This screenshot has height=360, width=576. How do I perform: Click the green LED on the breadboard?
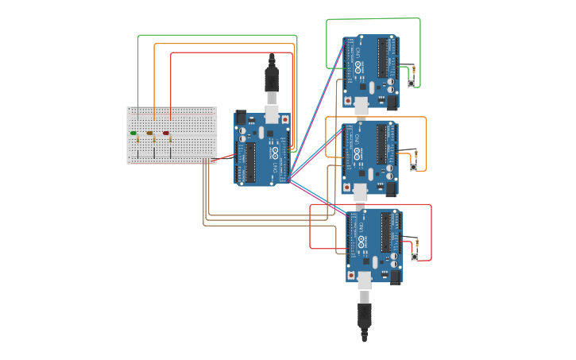[x=133, y=133]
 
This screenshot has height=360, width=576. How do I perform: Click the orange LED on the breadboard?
[x=149, y=133]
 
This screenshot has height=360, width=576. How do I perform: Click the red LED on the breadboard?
[x=166, y=133]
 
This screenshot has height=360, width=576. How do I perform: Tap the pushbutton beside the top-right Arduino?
[x=412, y=83]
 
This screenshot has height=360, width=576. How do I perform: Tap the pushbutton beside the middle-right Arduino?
[x=413, y=167]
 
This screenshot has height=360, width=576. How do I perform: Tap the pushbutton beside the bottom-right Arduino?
[x=414, y=256]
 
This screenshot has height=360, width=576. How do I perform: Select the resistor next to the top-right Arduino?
[x=413, y=70]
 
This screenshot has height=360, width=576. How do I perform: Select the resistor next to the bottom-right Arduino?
[x=416, y=243]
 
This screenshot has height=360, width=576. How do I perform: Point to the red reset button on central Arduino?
[x=284, y=120]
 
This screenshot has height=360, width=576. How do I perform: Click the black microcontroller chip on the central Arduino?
[x=251, y=162]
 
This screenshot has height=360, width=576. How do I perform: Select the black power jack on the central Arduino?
[x=242, y=118]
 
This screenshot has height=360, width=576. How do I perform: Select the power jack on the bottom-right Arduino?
[x=396, y=277]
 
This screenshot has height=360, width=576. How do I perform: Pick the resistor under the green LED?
[x=137, y=141]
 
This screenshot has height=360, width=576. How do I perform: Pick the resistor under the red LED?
[x=170, y=141]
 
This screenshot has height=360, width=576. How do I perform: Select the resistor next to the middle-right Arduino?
[x=415, y=153]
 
